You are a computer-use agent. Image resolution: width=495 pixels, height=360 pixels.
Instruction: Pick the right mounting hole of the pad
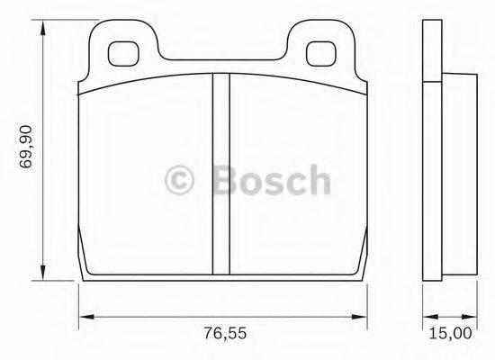tap(320, 53)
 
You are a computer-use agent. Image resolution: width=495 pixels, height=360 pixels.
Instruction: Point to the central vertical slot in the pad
tap(220, 171)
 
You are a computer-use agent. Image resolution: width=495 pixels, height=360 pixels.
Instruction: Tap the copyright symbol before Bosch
tap(184, 181)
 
